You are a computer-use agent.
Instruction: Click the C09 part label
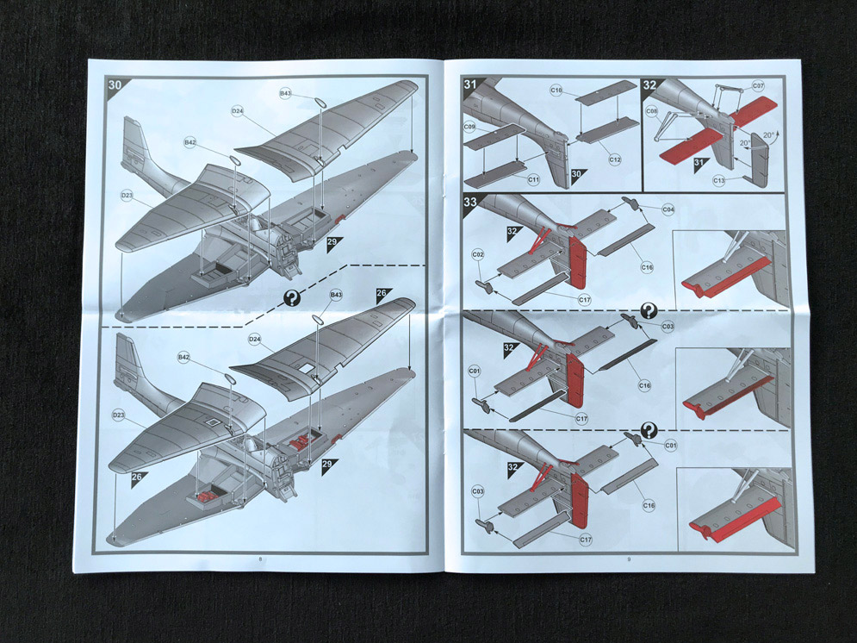tap(469, 128)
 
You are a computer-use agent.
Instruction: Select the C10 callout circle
tap(556, 90)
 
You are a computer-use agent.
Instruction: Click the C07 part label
tap(758, 86)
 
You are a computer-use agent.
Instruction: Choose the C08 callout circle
tap(651, 111)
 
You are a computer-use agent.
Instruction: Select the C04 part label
tap(668, 210)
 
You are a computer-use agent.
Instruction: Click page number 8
tap(261, 559)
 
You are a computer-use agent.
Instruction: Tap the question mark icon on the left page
tap(293, 298)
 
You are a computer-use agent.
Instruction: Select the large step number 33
tap(471, 203)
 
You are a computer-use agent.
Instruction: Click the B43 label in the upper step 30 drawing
tap(285, 92)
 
